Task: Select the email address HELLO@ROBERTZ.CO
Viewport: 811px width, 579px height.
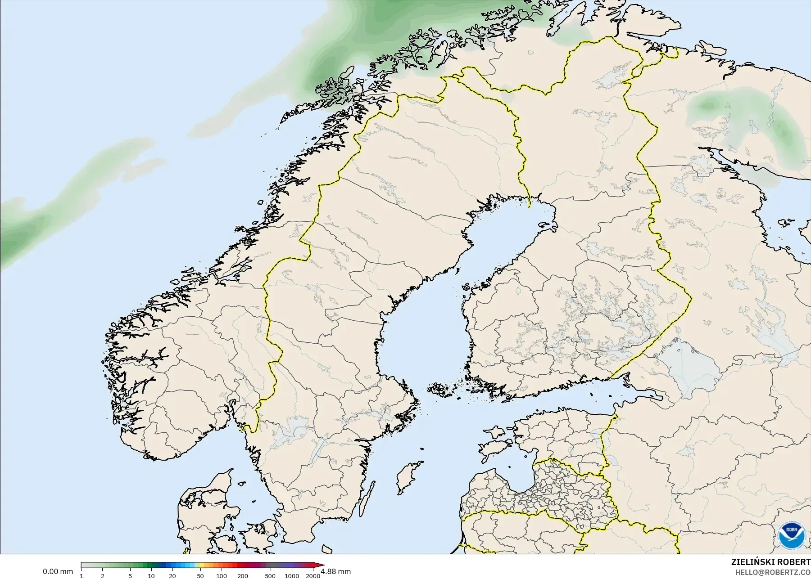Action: pyautogui.click(x=773, y=572)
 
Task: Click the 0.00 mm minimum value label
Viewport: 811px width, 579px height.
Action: pyautogui.click(x=58, y=572)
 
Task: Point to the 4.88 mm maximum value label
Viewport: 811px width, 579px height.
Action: pyautogui.click(x=336, y=572)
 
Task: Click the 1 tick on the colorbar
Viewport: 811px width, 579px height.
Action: pyautogui.click(x=82, y=576)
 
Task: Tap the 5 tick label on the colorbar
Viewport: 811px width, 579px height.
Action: pyautogui.click(x=130, y=576)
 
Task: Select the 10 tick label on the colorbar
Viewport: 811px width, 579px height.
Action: pyautogui.click(x=151, y=576)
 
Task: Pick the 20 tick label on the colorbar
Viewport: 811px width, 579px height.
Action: pyautogui.click(x=172, y=576)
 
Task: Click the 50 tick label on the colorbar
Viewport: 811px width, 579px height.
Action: pyautogui.click(x=200, y=576)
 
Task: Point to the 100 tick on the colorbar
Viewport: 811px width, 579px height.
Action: pyautogui.click(x=221, y=576)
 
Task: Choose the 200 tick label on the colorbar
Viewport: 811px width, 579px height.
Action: pyautogui.click(x=242, y=576)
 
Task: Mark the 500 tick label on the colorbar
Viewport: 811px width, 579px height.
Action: pyautogui.click(x=270, y=576)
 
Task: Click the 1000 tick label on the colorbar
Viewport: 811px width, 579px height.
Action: pyautogui.click(x=291, y=576)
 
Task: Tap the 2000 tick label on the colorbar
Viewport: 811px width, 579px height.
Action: pyautogui.click(x=313, y=576)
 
